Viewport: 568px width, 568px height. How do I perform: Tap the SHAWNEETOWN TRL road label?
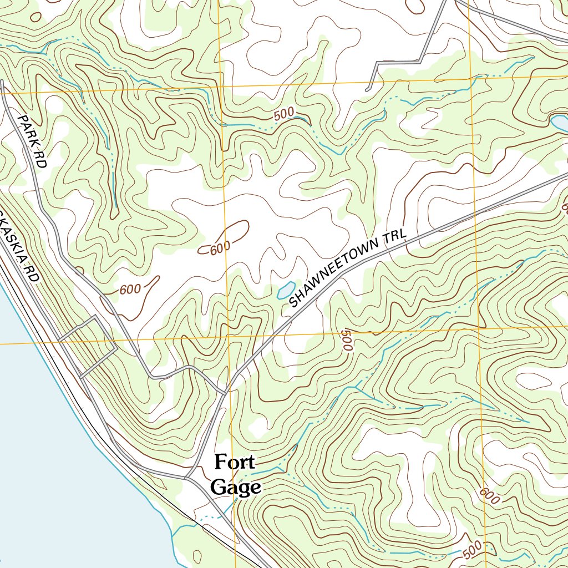point(348,269)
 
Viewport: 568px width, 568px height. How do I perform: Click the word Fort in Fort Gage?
point(234,461)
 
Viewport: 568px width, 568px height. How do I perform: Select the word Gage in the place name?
point(236,487)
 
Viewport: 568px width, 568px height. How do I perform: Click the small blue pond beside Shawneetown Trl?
point(285,290)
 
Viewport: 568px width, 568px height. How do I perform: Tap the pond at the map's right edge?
point(559,123)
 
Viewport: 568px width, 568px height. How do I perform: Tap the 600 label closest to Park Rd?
point(130,289)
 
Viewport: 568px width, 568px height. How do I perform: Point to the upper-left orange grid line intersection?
point(221,87)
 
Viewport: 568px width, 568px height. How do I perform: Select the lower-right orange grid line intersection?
point(478,328)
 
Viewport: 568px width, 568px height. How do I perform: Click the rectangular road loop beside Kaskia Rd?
point(88,347)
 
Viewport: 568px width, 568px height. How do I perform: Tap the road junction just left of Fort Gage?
point(187,476)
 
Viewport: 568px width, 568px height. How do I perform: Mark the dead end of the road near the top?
point(367,90)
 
